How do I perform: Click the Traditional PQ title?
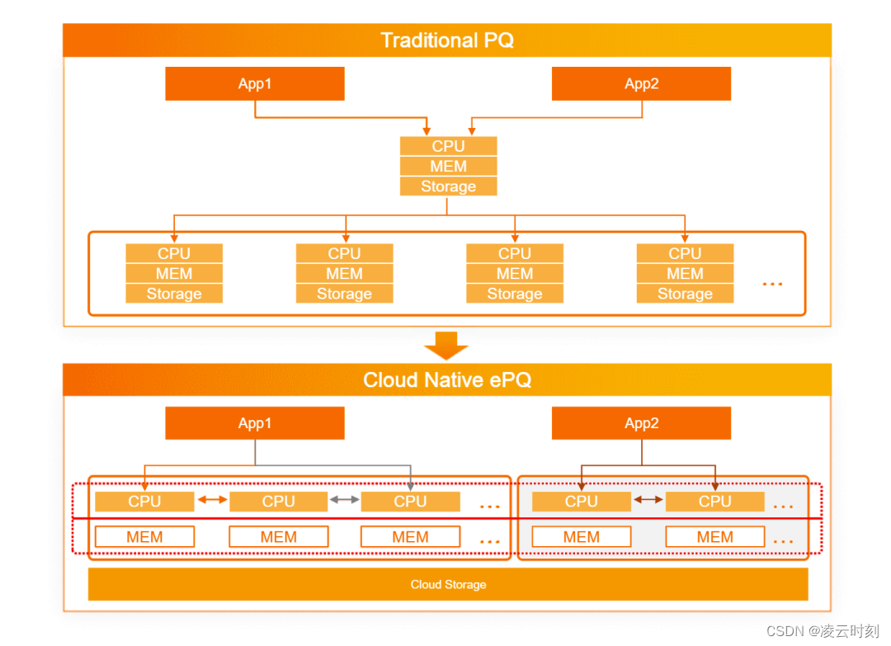[447, 40]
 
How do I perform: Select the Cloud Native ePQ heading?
[447, 380]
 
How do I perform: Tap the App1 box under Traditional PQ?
[254, 83]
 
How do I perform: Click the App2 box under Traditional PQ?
[641, 83]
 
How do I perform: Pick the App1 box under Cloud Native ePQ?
[254, 423]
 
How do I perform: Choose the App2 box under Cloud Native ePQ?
[641, 423]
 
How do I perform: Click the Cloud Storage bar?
[448, 584]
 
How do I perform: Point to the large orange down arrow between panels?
[446, 346]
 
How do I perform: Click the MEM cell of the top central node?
[448, 166]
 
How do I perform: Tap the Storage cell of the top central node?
[448, 186]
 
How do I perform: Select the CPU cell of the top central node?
[448, 146]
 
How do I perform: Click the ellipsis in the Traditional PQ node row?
[772, 284]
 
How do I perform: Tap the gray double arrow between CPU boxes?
[345, 500]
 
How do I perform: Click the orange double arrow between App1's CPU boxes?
[212, 500]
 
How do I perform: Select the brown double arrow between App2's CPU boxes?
[648, 500]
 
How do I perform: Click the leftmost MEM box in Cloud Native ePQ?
[144, 537]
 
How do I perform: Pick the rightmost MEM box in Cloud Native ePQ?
[714, 537]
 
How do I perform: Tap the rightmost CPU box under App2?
[714, 501]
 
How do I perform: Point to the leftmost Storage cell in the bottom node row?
[174, 294]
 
